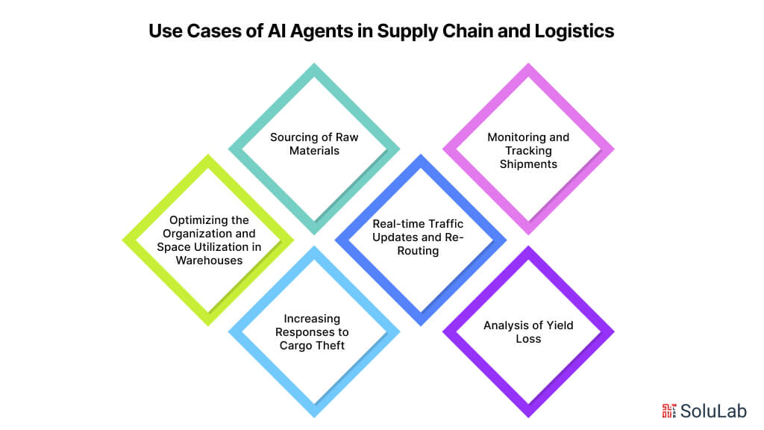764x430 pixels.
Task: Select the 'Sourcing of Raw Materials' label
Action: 314,144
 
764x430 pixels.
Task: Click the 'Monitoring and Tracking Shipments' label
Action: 528,150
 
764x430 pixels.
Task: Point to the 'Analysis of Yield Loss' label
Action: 528,331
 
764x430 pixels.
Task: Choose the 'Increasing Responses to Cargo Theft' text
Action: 314,332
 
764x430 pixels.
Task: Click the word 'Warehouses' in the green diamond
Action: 207,261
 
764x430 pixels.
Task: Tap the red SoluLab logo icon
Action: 669,410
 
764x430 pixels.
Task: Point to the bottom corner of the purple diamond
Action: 528,415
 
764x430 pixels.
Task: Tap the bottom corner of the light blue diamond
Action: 314,415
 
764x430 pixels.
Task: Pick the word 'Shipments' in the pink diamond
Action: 528,163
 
